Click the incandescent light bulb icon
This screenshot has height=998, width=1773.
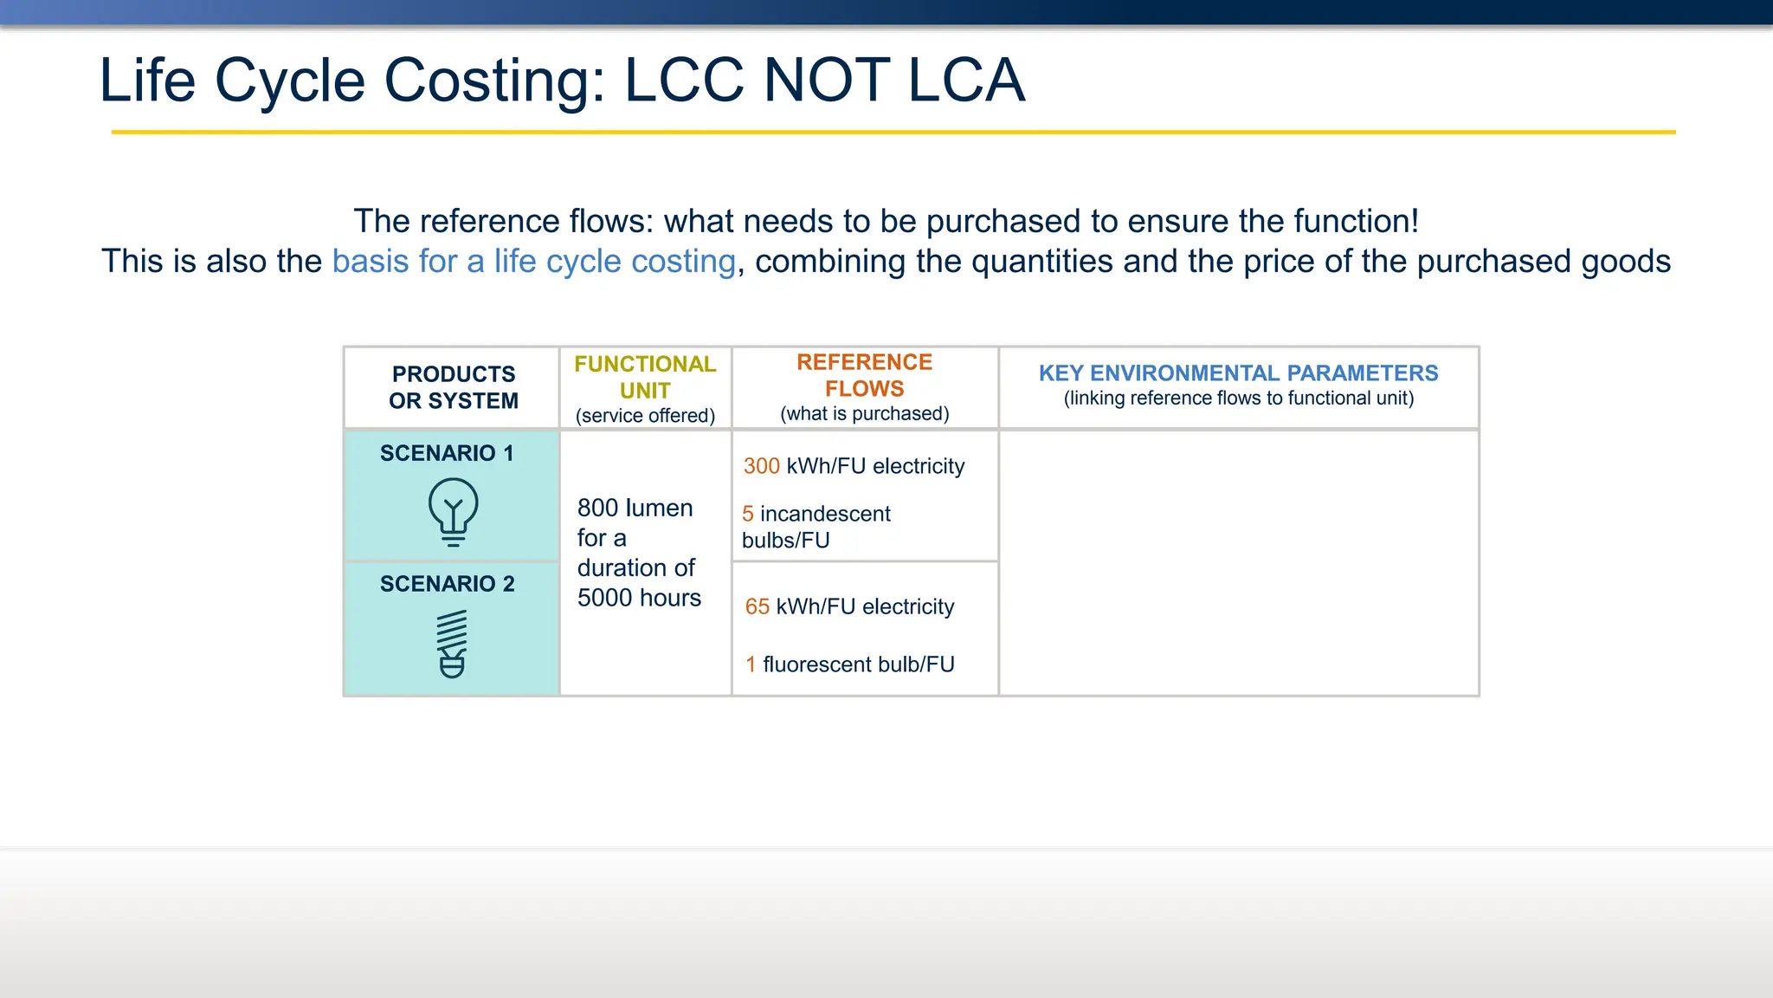pos(453,512)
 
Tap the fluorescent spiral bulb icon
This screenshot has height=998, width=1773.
pos(452,644)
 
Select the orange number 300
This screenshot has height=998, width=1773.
pos(762,466)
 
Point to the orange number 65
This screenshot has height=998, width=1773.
pos(757,606)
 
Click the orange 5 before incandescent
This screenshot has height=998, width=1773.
pos(748,514)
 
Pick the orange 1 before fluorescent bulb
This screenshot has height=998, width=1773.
pos(751,664)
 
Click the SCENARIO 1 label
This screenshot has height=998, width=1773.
pos(447,453)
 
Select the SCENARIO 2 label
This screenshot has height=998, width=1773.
pos(447,584)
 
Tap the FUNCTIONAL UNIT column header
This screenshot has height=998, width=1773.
pos(645,377)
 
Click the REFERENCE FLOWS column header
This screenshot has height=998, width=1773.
pos(864,375)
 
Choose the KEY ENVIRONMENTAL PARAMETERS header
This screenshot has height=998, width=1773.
pos(1238,373)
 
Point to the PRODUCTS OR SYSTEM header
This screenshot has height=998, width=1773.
pos(453,387)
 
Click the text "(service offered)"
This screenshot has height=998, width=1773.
pos(645,416)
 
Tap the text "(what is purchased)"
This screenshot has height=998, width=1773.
pos(864,414)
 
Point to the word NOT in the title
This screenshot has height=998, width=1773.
pos(826,81)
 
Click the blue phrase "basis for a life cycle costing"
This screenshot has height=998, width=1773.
pos(533,261)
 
